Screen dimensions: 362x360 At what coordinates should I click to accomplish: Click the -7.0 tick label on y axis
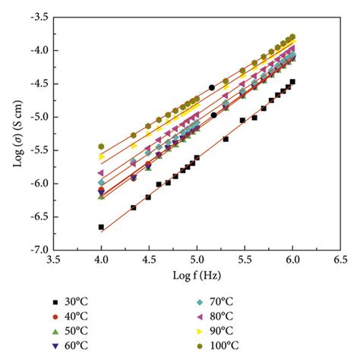(40, 250)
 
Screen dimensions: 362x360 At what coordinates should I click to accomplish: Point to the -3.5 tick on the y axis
(40, 16)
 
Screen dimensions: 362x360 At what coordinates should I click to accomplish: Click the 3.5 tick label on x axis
(53, 260)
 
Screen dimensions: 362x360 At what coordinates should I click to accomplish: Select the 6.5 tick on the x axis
(340, 260)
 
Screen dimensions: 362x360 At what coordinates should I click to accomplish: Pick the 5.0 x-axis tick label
(197, 260)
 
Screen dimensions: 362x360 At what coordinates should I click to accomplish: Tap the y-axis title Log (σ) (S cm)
(14, 133)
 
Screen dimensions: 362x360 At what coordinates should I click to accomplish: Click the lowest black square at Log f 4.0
(101, 227)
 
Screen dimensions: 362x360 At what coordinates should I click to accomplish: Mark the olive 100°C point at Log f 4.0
(101, 146)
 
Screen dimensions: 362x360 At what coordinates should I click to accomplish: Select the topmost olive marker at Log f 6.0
(292, 36)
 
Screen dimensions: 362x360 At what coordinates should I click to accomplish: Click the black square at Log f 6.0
(292, 81)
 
